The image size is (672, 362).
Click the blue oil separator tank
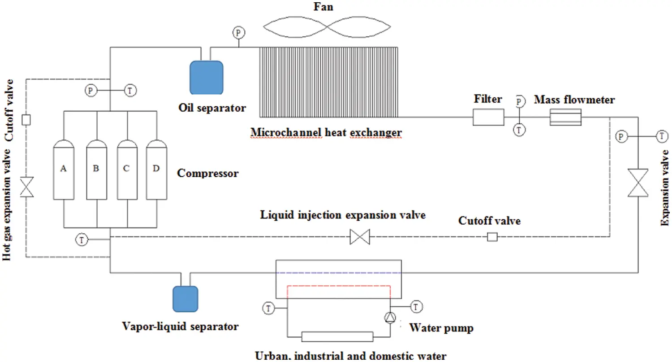coord(207,77)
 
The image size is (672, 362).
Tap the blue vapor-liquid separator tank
coord(185,298)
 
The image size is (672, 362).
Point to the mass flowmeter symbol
coord(565,117)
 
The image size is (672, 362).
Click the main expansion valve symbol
coord(638,182)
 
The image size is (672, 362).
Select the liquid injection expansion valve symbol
coord(360,237)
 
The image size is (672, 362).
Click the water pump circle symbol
coord(390,318)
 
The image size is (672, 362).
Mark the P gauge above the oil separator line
coord(238,32)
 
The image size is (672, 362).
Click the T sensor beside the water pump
coord(417,307)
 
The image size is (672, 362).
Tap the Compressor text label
coord(208,173)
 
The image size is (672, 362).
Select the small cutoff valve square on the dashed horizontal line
coord(492,237)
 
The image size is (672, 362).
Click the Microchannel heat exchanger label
coord(326,132)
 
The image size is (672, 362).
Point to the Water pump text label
coord(441,328)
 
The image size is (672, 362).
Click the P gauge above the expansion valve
coord(620,136)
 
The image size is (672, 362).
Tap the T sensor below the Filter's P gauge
coord(519,130)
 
